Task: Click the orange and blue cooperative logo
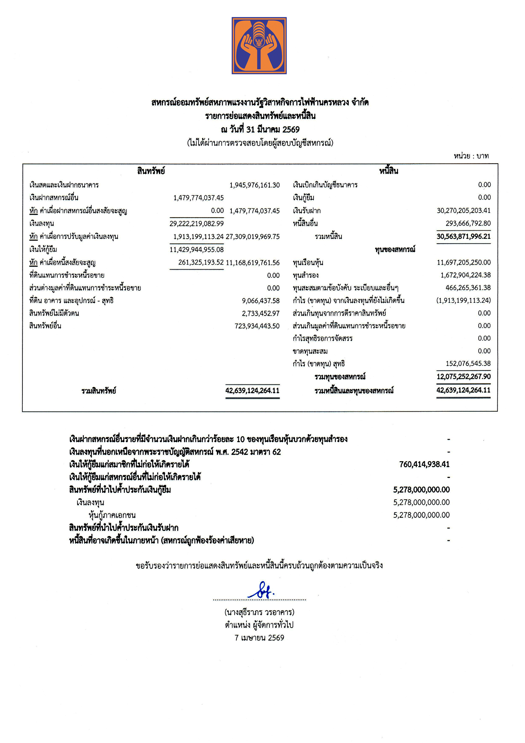pos(259,46)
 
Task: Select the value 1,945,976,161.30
pos(254,185)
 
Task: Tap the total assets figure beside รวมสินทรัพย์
pos(252,390)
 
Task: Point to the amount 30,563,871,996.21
pos(463,236)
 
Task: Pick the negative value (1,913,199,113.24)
pos(463,300)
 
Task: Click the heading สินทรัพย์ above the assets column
pos(151,171)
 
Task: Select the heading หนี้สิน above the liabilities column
pos(388,171)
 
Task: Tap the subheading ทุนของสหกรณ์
pos(395,250)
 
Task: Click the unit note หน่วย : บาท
pos(471,156)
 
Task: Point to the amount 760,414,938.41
pos(424,465)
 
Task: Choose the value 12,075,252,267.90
pos(463,377)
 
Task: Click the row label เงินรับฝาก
pos(307,211)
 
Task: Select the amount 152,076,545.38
pos(468,363)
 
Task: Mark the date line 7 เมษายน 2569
pos(259,638)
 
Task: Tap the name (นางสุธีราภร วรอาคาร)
pos(259,612)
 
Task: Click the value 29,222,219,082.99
pos(196,223)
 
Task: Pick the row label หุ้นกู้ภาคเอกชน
pos(112,515)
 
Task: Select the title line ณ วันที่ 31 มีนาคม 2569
pos(260,130)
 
